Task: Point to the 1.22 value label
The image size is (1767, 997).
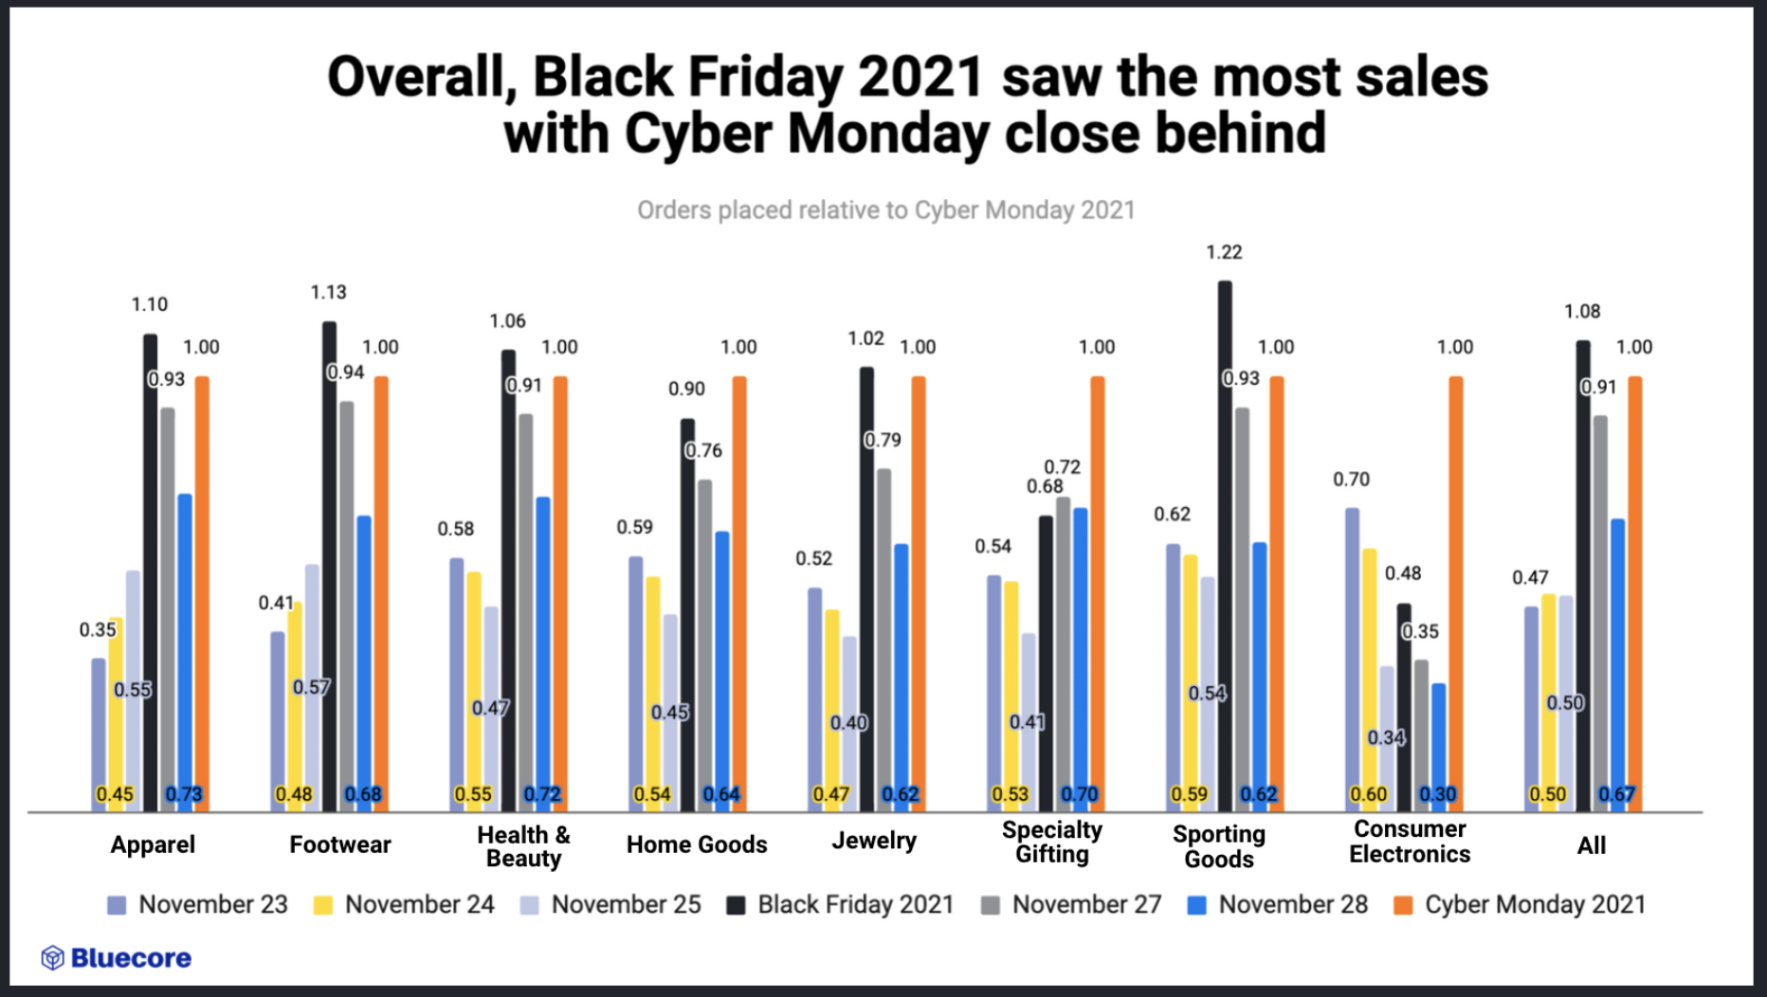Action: click(x=1224, y=252)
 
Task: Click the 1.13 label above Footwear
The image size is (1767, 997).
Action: click(x=329, y=292)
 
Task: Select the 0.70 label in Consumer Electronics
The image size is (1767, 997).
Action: click(x=1351, y=480)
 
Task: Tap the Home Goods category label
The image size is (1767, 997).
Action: click(x=697, y=844)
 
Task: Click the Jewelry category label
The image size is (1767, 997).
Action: click(x=874, y=841)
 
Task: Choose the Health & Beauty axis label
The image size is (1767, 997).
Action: click(x=523, y=846)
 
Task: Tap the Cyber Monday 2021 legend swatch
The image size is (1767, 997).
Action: click(x=1403, y=905)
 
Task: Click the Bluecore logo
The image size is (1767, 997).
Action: click(x=116, y=958)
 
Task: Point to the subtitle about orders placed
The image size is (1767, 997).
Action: click(x=885, y=209)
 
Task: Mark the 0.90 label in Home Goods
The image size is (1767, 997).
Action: click(x=686, y=389)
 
